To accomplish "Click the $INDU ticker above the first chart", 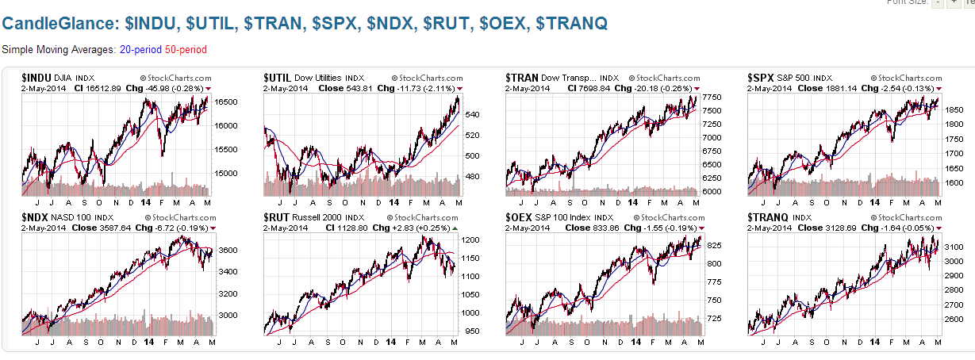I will point(36,78).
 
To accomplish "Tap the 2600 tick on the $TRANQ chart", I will point(954,320).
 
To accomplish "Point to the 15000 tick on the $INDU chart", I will point(228,173).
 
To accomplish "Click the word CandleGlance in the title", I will point(56,24).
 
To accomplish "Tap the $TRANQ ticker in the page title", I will point(571,24).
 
